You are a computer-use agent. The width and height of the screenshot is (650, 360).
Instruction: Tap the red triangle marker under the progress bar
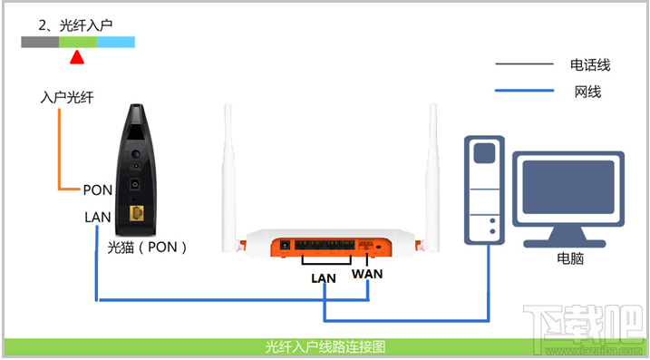pos(78,58)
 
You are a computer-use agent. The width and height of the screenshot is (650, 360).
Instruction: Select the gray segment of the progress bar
pos(40,42)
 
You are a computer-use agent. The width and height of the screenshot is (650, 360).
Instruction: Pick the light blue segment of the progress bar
pos(116,42)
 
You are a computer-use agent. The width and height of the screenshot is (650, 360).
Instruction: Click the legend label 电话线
pos(590,64)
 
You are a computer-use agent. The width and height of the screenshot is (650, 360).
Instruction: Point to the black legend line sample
pos(523,64)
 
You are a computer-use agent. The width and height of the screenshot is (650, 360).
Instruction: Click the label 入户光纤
pos(67,97)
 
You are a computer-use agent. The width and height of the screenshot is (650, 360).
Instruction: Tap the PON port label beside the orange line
pos(97,190)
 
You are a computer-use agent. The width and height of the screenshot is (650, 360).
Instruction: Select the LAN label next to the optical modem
pos(97,218)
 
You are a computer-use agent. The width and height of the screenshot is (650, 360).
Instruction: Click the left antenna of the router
pos(229,172)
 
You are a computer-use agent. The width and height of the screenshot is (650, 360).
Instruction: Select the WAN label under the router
pos(367,273)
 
